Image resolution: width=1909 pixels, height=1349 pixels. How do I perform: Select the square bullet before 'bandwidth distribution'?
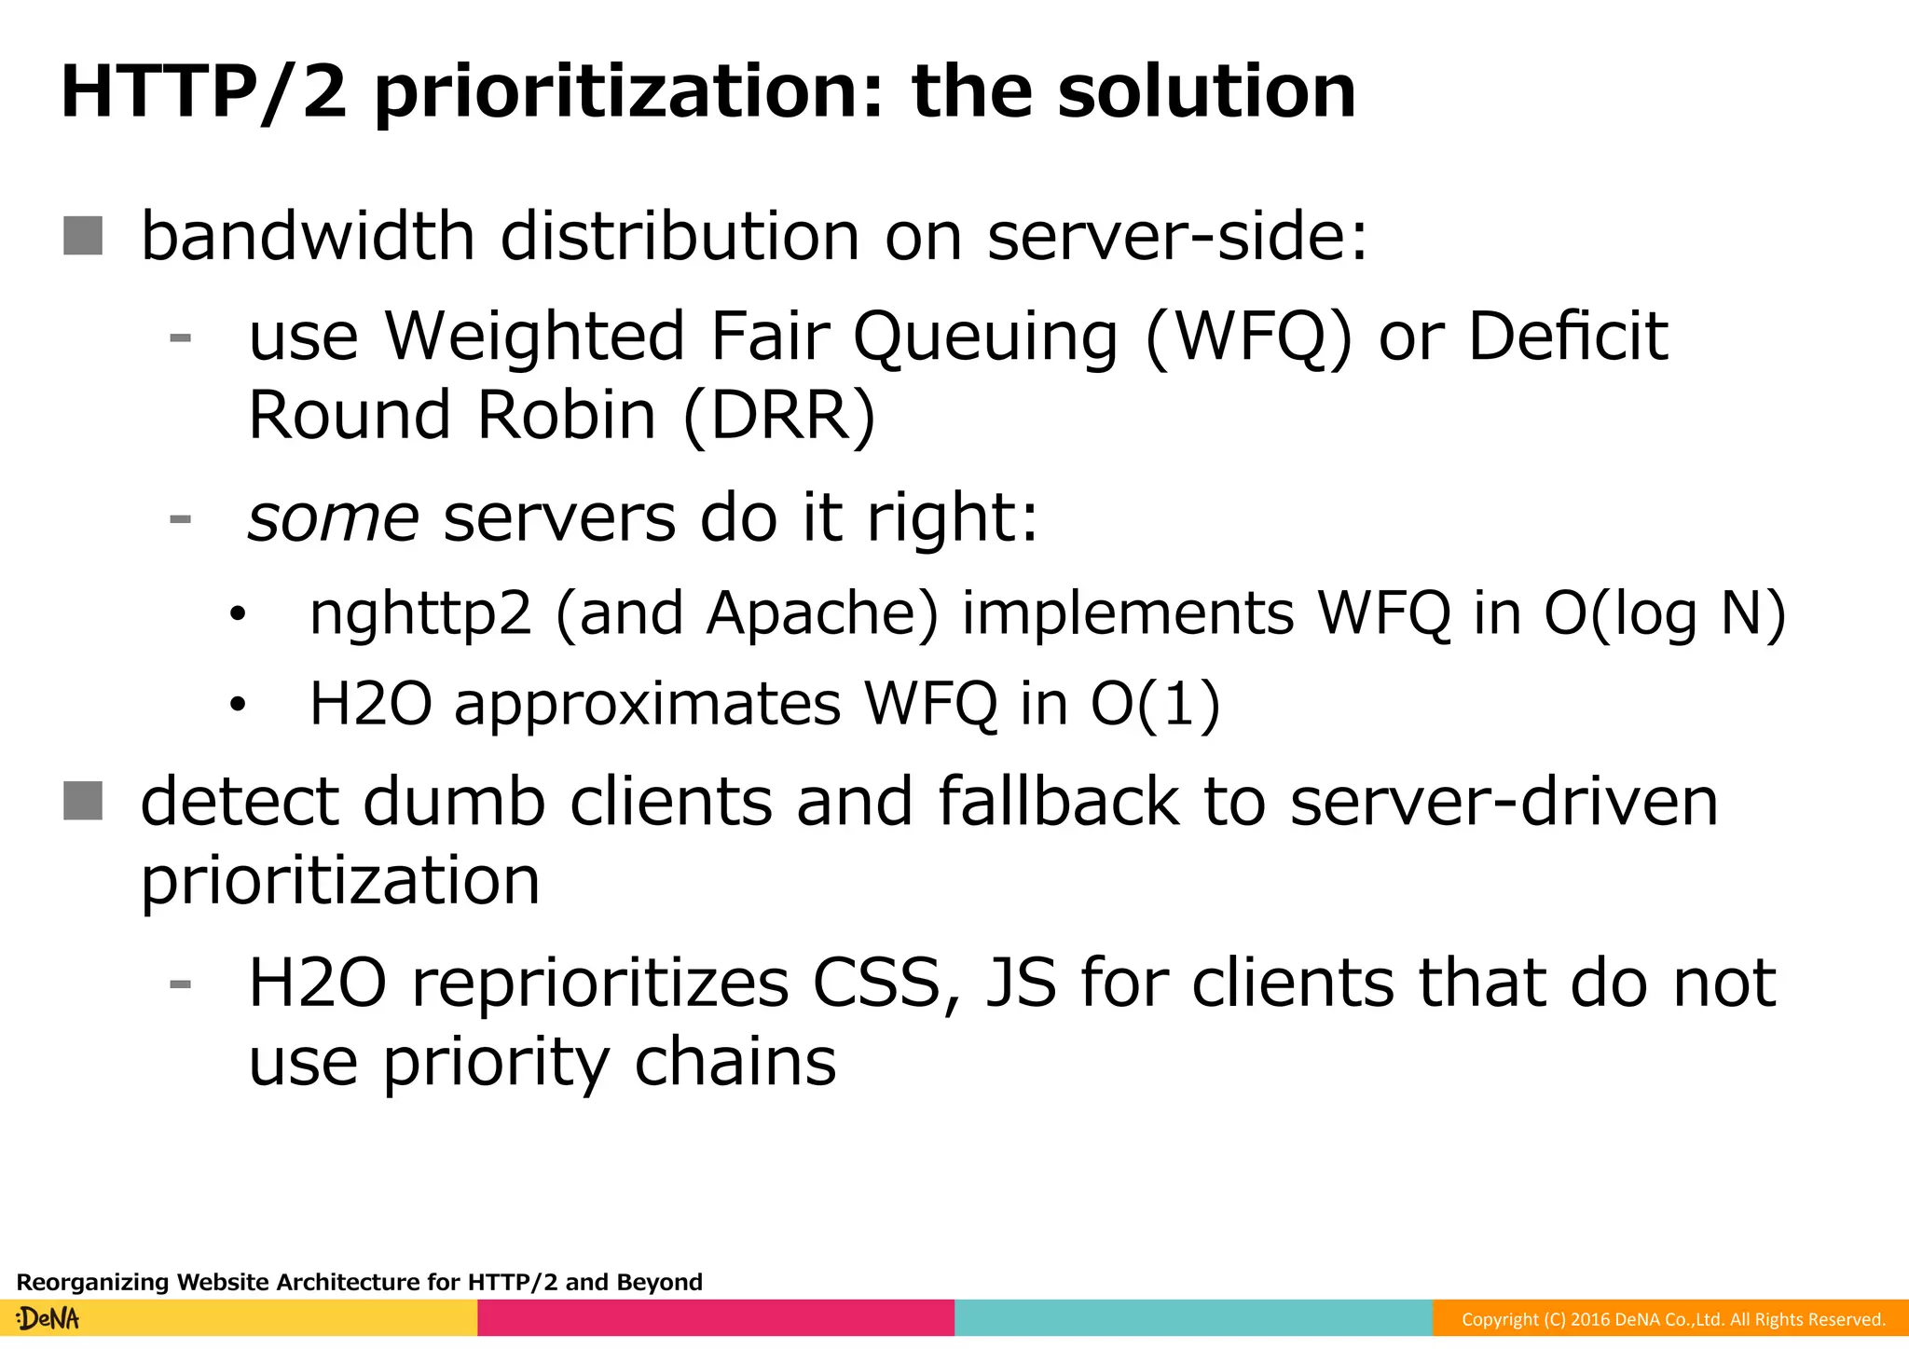coord(83,236)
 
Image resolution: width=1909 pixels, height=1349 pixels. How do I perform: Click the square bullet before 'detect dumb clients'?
coord(83,801)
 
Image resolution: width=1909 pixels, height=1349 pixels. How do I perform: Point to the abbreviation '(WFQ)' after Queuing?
coord(1248,337)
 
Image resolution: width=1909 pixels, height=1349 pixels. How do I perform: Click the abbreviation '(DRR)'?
coord(779,417)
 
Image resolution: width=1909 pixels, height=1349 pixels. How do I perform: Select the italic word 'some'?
coord(333,518)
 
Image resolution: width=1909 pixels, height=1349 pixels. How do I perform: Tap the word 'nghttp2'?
coord(420,615)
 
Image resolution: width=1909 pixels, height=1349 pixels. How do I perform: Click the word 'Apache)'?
coord(822,613)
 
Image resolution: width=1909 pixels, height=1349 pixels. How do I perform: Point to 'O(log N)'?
coord(1665,614)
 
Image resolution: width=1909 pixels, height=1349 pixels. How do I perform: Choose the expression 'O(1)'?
coord(1155,705)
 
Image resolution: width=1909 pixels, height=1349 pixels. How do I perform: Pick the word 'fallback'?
coord(1059,802)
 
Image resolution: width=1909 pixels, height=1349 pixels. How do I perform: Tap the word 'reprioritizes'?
coord(600,984)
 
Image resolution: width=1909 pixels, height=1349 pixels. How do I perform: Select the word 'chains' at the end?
coord(735,1063)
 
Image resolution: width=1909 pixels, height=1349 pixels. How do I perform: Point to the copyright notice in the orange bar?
coord(1672,1319)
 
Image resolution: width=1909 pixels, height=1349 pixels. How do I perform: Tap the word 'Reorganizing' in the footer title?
coord(93,1283)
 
